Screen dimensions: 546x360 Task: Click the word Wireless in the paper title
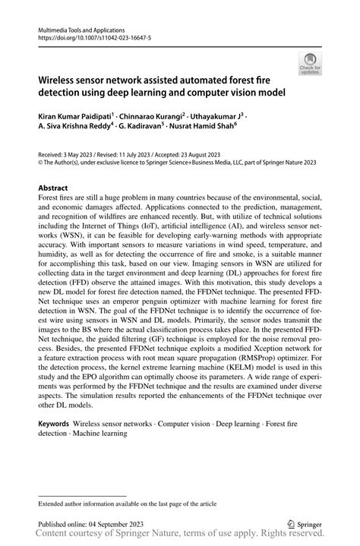click(x=59, y=78)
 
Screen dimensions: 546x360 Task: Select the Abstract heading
click(x=53, y=188)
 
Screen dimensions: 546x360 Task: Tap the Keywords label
click(x=54, y=423)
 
